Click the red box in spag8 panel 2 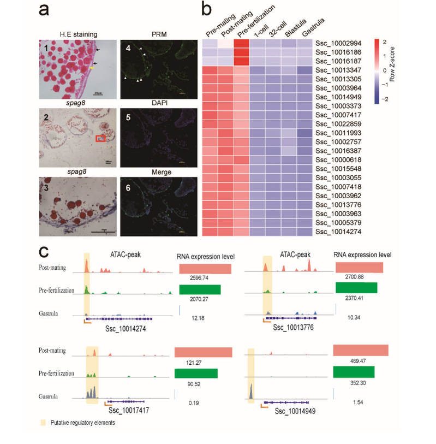(100, 139)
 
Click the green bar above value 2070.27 (199, 289)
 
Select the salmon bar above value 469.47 (360, 350)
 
